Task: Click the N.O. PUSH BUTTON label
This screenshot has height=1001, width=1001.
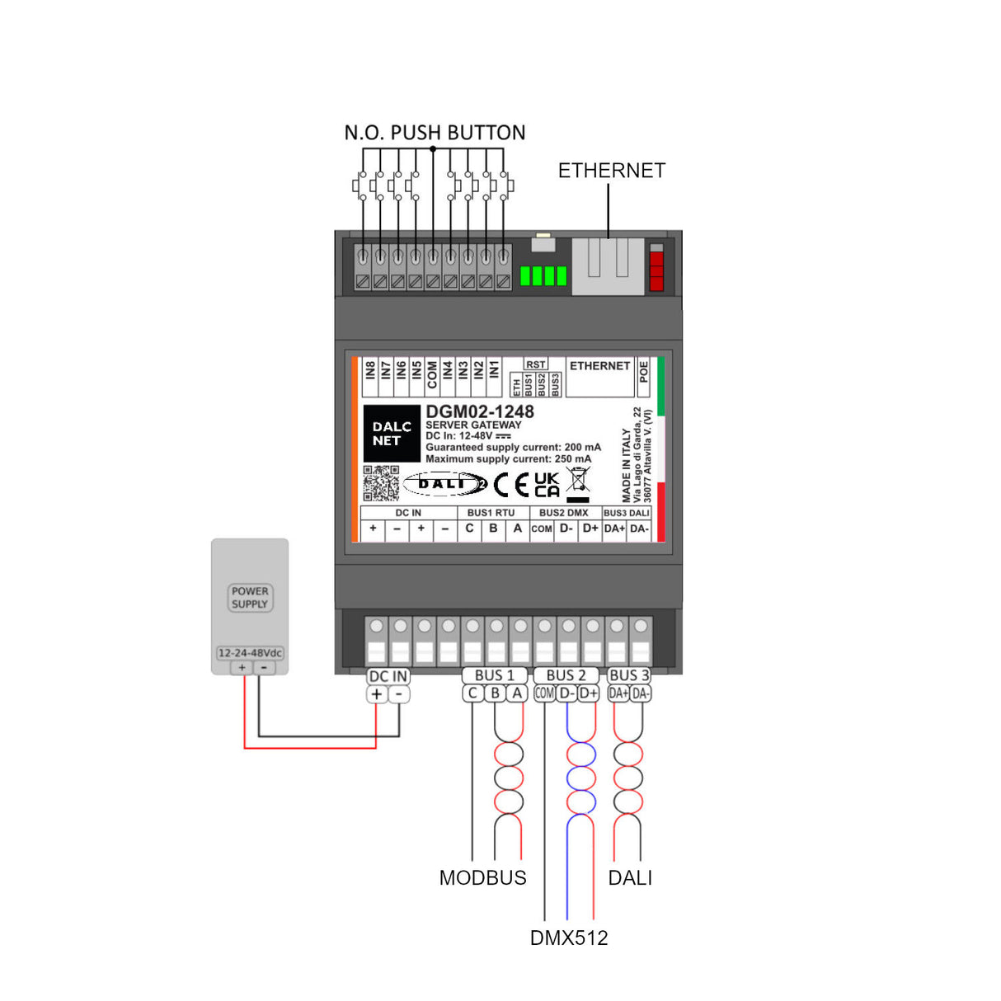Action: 435,133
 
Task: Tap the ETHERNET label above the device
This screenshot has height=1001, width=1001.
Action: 611,171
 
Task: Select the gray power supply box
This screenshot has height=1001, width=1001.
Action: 250,606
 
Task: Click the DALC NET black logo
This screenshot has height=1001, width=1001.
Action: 391,434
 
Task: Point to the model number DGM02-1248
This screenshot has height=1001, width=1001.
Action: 480,411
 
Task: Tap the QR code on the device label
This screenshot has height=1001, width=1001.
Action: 381,483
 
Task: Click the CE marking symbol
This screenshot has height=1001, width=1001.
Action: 511,484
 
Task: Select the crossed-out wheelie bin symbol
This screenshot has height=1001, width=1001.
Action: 578,480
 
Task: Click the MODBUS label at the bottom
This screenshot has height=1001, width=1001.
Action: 482,878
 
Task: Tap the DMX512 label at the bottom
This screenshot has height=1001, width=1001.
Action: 569,938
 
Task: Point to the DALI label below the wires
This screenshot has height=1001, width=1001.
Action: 630,878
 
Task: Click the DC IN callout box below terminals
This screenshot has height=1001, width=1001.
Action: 388,676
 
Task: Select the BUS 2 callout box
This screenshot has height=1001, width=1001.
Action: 566,675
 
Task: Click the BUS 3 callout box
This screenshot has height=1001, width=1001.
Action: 629,675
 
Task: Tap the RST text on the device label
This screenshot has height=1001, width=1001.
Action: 536,364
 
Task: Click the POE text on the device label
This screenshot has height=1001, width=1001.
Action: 644,372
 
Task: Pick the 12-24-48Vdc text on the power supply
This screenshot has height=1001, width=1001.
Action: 250,653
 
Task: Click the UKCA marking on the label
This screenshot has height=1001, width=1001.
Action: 547,485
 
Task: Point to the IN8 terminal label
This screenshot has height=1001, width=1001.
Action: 370,370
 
